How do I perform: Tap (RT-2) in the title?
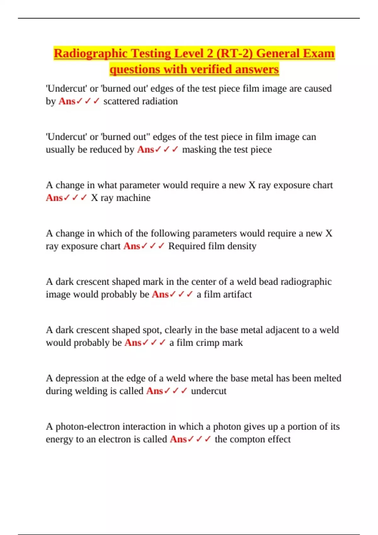[234, 53]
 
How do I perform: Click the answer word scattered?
[121, 101]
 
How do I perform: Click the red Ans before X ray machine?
[54, 198]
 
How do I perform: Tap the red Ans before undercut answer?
[154, 391]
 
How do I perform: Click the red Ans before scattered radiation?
[67, 101]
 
